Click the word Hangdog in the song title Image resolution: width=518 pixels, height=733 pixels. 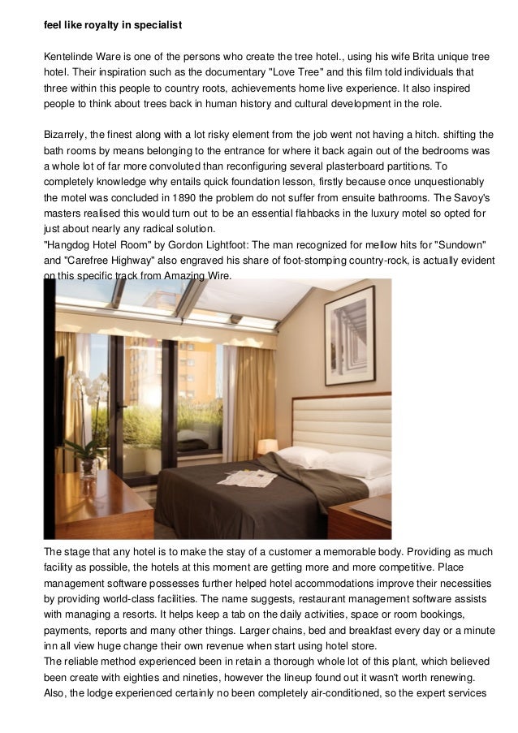pyautogui.click(x=72, y=244)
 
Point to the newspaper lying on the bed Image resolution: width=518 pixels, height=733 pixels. pyautogui.click(x=248, y=477)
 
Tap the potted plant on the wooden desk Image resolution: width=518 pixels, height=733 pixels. pyautogui.click(x=87, y=451)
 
